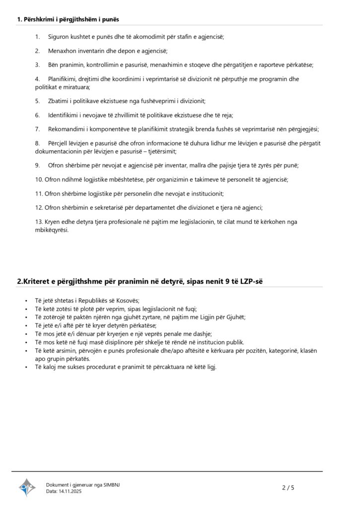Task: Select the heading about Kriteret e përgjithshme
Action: click(x=140, y=281)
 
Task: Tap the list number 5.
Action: click(x=37, y=101)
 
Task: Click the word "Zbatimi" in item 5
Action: click(x=59, y=101)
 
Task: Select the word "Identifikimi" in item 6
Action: click(x=64, y=115)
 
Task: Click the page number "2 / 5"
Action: click(x=288, y=488)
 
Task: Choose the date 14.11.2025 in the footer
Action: click(x=70, y=491)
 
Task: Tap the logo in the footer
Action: click(x=27, y=488)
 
